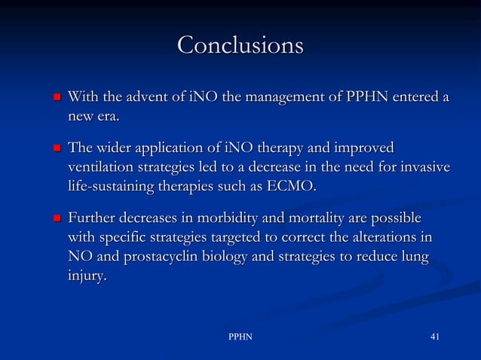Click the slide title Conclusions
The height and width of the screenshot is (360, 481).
(240, 46)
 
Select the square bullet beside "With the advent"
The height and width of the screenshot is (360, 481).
(57, 98)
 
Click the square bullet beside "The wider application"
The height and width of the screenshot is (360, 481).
(57, 148)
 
